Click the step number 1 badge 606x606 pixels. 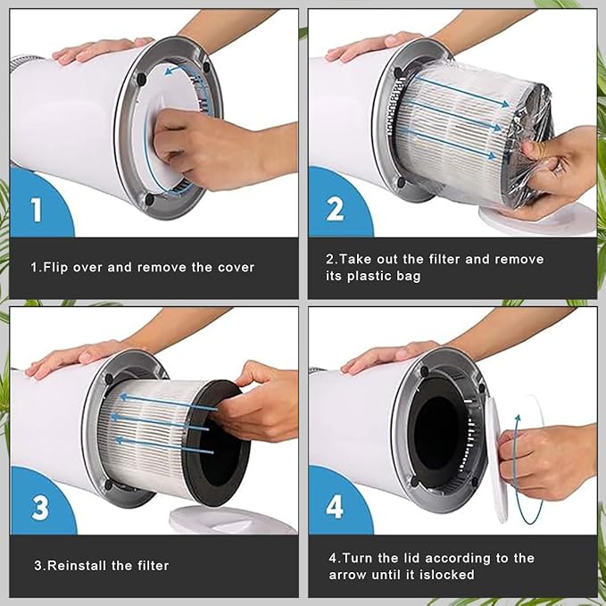[37, 211]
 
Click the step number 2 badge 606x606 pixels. [335, 211]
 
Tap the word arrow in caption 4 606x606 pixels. [348, 574]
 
